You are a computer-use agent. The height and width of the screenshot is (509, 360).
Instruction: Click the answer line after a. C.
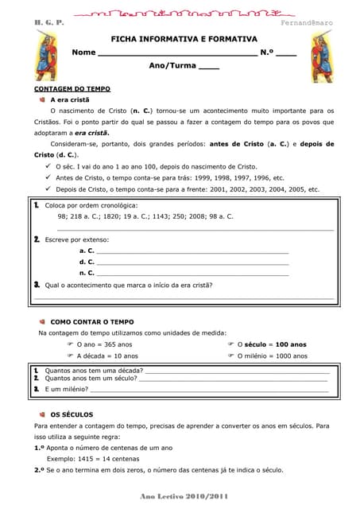click(192, 251)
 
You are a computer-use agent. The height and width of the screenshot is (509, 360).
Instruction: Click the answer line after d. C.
click(192, 262)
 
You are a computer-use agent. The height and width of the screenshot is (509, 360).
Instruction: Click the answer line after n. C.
click(192, 273)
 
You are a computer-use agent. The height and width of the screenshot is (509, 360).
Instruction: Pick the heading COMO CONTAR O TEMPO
click(97, 321)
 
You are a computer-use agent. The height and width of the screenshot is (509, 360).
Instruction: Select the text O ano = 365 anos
click(104, 344)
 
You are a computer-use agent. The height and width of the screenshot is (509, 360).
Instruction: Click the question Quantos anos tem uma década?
click(94, 371)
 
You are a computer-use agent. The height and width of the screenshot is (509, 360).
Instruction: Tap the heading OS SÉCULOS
click(72, 414)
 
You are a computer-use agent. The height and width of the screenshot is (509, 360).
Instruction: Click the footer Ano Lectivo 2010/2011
click(183, 496)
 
